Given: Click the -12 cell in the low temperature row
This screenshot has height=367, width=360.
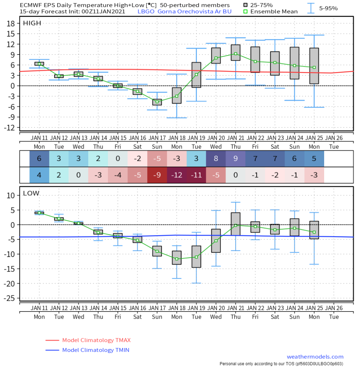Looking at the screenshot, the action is [177, 175].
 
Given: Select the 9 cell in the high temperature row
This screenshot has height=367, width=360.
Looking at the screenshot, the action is [236, 158].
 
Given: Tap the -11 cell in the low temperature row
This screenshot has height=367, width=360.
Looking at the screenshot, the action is [196, 175].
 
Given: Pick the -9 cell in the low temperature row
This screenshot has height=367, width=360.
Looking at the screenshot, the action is [157, 175].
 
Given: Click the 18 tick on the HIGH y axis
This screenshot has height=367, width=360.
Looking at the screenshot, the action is [11, 23].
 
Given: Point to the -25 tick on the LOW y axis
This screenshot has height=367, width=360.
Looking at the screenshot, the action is [9, 299].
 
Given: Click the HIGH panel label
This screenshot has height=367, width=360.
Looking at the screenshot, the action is [32, 23].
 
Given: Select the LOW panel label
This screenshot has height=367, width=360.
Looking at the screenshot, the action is [31, 193].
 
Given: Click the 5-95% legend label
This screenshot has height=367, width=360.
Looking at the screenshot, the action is [328, 9].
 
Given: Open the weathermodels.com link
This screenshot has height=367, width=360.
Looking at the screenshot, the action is [315, 357].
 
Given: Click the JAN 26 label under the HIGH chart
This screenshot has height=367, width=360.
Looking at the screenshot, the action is [334, 138].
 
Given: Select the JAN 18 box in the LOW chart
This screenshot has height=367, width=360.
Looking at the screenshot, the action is [177, 258].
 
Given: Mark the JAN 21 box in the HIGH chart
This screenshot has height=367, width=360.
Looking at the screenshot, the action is [236, 53].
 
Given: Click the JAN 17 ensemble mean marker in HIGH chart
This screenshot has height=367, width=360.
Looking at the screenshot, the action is [157, 102].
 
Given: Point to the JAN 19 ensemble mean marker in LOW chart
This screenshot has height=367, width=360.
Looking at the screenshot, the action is [196, 257].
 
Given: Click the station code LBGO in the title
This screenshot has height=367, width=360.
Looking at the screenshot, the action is [146, 11].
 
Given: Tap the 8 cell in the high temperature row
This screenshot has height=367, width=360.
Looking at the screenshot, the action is [216, 158].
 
